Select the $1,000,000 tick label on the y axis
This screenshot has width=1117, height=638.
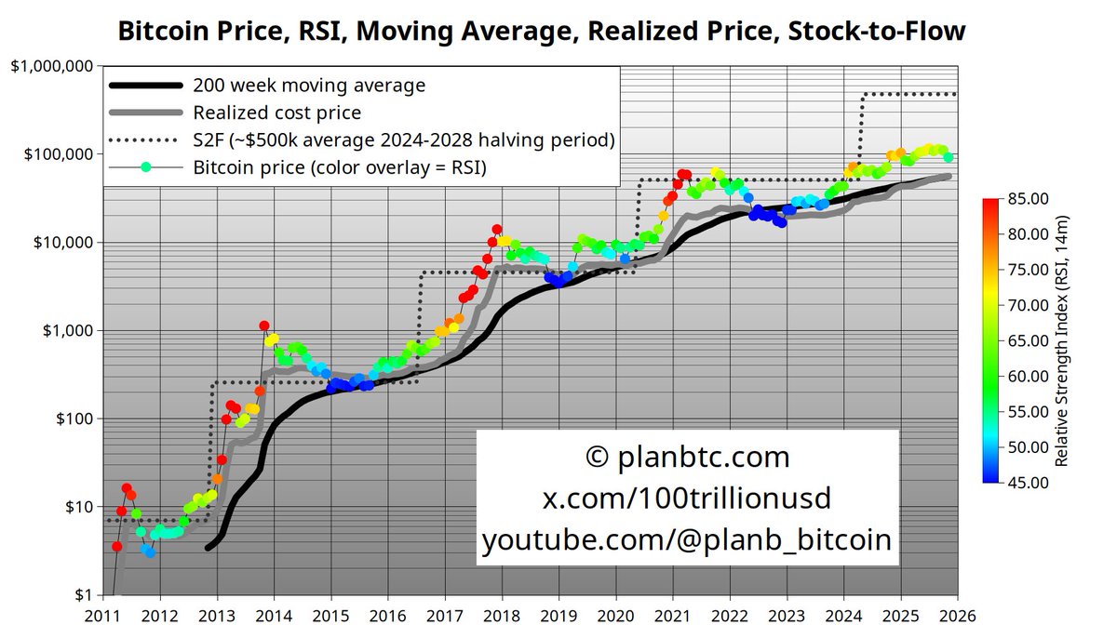(50, 66)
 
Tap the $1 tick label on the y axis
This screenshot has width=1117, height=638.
(83, 595)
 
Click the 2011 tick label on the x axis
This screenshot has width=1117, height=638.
(102, 615)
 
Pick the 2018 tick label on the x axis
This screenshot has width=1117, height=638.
(501, 615)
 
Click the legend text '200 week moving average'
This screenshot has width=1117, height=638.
(309, 86)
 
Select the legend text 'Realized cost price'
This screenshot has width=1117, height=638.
(277, 113)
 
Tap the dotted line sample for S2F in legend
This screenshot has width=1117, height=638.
(145, 141)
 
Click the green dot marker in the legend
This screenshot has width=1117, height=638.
(145, 168)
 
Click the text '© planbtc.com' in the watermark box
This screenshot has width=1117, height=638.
(688, 458)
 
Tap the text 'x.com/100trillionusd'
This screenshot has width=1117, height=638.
(688, 499)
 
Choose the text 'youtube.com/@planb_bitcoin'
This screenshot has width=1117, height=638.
(688, 540)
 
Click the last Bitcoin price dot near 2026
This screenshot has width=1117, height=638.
(948, 158)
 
